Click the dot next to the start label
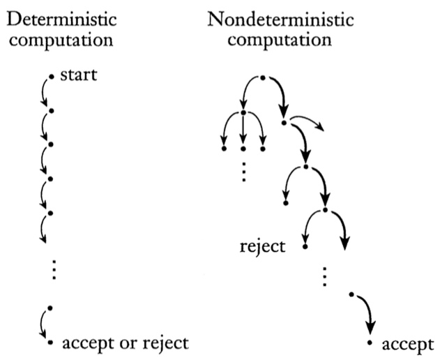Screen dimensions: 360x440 51,75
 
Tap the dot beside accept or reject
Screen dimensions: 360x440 50,343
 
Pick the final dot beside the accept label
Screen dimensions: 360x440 370,345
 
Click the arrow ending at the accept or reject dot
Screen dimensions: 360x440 44,325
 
